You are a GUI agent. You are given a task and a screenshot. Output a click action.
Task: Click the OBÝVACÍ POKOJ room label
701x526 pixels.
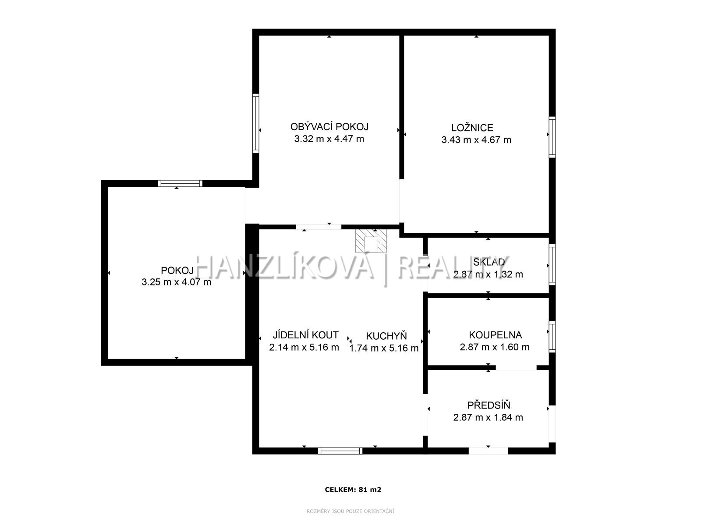pyautogui.click(x=329, y=127)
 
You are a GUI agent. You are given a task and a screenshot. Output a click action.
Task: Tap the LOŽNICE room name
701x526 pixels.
pyautogui.click(x=472, y=128)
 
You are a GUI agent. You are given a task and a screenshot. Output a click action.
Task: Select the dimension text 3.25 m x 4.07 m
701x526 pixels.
pyautogui.click(x=176, y=282)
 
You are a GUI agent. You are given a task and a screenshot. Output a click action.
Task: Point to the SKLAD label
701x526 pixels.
pyautogui.click(x=489, y=262)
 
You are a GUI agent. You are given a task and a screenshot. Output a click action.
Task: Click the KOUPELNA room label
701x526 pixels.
pyautogui.click(x=496, y=335)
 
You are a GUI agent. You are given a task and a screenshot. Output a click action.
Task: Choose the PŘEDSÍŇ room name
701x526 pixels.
pyautogui.click(x=489, y=405)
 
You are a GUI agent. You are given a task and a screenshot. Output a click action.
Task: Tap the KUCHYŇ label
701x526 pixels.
pyautogui.click(x=386, y=336)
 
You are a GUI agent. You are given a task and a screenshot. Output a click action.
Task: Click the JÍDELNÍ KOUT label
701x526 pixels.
pyautogui.click(x=306, y=335)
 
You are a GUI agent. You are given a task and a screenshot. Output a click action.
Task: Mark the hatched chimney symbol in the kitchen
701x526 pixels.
pyautogui.click(x=371, y=241)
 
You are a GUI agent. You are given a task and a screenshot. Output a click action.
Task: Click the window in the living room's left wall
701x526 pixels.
pyautogui.click(x=255, y=123)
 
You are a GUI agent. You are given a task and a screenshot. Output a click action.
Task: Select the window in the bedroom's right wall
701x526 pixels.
pyautogui.click(x=552, y=137)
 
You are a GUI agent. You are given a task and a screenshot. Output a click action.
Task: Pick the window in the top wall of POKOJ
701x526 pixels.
pyautogui.click(x=180, y=183)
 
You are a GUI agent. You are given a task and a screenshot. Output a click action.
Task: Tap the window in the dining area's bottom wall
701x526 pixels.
pyautogui.click(x=340, y=451)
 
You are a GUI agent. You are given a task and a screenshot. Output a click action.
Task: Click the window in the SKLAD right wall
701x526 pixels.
pyautogui.click(x=552, y=264)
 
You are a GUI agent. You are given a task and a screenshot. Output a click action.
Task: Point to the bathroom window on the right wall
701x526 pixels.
pyautogui.click(x=552, y=337)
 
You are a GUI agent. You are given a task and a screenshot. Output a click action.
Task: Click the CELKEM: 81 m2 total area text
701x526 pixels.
pyautogui.click(x=353, y=489)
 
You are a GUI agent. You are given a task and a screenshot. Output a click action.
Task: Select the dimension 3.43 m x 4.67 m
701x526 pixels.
pyautogui.click(x=476, y=140)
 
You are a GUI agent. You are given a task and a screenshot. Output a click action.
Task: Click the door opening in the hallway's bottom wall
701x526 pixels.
pyautogui.click(x=489, y=451)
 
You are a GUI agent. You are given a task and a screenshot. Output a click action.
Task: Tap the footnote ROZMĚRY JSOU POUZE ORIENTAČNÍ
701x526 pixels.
pyautogui.click(x=350, y=511)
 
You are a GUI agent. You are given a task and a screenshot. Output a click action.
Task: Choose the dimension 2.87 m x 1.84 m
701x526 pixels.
pyautogui.click(x=488, y=417)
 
